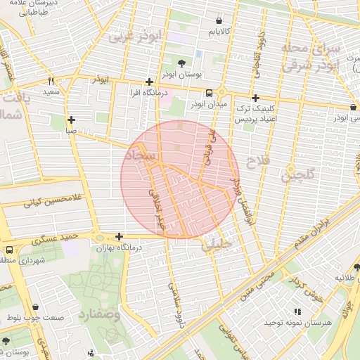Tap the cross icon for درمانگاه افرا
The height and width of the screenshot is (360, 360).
pos(148,82)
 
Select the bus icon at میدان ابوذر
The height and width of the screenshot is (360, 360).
pos(209,93)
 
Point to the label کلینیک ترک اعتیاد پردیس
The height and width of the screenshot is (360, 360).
pos(252,115)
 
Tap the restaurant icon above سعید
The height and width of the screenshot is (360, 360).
pos(51,81)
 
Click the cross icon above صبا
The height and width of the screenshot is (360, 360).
pos(71,120)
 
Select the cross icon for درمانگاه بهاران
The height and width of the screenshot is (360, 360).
pos(119,237)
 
